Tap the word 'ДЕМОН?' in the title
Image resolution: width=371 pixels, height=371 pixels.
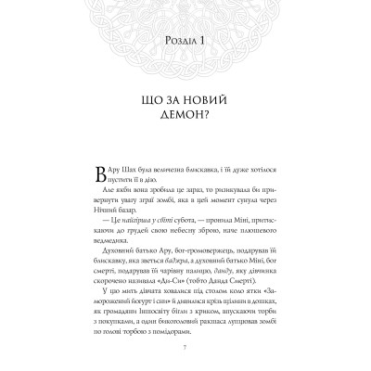pos(185,117)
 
